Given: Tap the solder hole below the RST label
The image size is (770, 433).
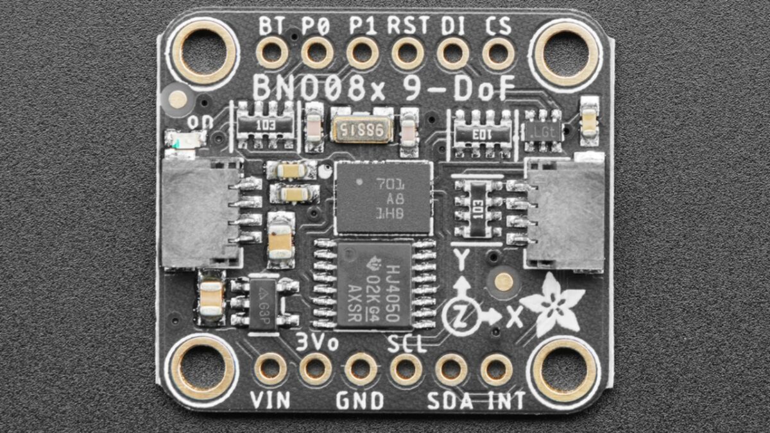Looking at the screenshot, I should [x=407, y=53].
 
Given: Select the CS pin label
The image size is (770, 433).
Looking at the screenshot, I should [x=497, y=26].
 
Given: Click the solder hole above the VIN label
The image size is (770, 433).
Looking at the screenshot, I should [x=270, y=369].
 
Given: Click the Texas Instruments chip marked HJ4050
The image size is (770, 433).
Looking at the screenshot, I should [x=374, y=284].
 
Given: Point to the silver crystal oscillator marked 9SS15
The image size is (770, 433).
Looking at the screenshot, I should [x=363, y=130].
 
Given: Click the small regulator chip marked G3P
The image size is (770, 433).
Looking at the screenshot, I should [x=264, y=302].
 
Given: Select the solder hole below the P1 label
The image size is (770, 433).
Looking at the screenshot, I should [x=363, y=53].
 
